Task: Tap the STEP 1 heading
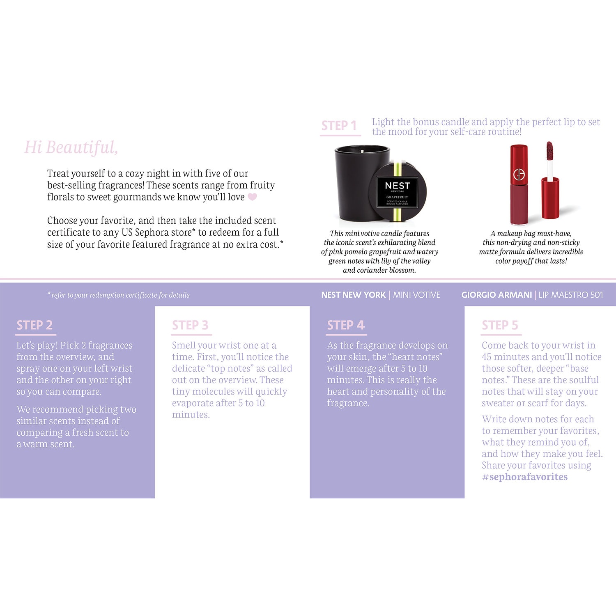pos(339,126)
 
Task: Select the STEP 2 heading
pos(34,325)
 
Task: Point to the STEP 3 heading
pos(190,325)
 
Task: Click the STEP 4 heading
pos(346,325)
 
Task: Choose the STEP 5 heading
pos(500,325)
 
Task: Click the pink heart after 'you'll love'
pos(252,197)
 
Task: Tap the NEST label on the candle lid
pos(397,186)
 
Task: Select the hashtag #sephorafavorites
pos(525,477)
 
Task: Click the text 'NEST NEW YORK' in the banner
pos(354,295)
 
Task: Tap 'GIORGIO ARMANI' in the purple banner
pos(496,295)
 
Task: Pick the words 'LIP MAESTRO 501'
pos(571,295)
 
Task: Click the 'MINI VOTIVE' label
pos(416,295)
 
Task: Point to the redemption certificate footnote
pos(119,295)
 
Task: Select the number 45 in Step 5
pos(486,357)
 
